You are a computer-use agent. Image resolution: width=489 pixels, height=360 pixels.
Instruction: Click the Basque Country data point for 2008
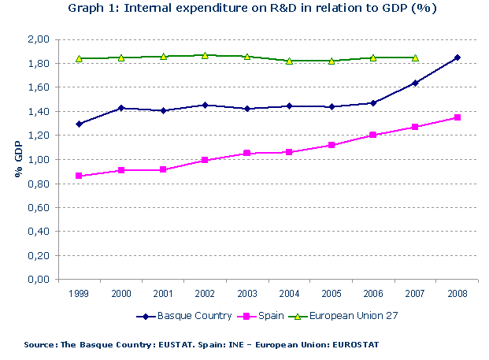tap(457, 58)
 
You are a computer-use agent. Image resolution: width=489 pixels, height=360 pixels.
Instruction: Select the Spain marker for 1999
tap(80, 176)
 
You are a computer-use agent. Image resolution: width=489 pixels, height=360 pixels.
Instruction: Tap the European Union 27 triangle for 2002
tap(206, 55)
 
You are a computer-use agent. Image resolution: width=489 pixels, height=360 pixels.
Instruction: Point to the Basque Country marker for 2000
tap(121, 108)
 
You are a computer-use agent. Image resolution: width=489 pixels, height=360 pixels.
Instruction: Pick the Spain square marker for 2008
tap(457, 117)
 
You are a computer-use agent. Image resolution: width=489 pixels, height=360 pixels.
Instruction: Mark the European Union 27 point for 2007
tap(415, 58)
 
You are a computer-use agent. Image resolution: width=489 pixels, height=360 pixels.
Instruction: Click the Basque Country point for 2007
tap(415, 83)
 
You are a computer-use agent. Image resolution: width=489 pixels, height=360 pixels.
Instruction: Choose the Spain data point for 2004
tap(289, 152)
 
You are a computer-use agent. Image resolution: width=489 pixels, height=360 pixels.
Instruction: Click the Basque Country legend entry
tap(184, 316)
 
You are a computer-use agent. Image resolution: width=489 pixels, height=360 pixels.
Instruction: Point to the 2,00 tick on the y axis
tap(39, 39)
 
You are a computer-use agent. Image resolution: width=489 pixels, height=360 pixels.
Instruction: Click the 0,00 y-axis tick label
tap(39, 280)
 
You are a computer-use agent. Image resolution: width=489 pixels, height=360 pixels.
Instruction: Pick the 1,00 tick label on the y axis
tap(39, 159)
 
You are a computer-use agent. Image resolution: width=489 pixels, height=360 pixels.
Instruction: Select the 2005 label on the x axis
tap(331, 293)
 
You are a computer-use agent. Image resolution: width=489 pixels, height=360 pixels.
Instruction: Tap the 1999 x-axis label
tap(80, 293)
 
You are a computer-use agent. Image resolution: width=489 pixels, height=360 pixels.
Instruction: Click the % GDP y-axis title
tap(17, 160)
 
